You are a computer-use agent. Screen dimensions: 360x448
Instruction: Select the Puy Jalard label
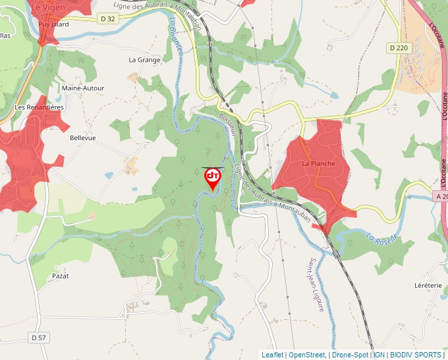click(53, 24)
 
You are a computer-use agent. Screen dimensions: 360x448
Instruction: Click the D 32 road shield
click(108, 18)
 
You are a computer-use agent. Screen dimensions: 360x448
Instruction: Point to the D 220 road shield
click(398, 47)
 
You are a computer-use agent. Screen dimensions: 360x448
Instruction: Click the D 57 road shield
click(39, 338)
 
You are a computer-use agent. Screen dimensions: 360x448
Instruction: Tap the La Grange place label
click(144, 60)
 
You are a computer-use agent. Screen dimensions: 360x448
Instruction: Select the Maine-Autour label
click(83, 88)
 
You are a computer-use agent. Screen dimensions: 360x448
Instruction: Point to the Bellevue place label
click(83, 138)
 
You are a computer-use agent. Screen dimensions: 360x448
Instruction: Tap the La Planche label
click(318, 163)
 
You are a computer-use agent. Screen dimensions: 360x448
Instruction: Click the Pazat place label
click(61, 276)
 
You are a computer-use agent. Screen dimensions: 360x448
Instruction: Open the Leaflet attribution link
click(272, 355)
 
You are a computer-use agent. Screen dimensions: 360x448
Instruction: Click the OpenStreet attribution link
click(307, 355)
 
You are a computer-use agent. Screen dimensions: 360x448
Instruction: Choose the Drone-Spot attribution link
click(350, 355)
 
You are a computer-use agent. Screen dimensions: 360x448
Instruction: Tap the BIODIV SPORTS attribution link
click(416, 355)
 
